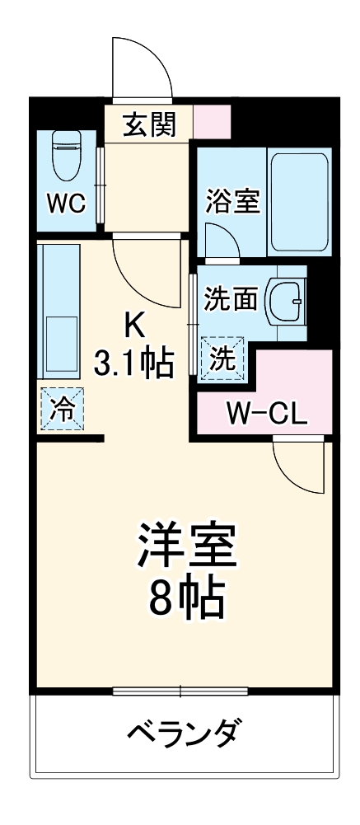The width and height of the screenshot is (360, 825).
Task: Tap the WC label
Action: (x=66, y=204)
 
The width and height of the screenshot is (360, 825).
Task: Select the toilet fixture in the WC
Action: (x=65, y=157)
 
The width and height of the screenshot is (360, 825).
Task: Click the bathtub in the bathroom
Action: (x=300, y=202)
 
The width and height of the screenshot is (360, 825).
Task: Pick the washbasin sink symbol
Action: (x=288, y=298)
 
